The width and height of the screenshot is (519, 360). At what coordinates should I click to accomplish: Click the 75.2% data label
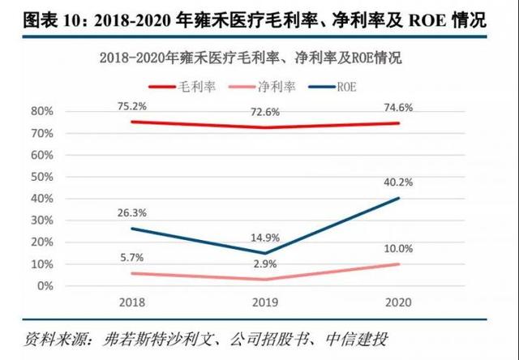pyautogui.click(x=131, y=105)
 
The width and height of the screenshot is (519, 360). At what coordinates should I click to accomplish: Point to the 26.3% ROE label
pyautogui.click(x=131, y=215)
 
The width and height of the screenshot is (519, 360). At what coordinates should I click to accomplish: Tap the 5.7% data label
pyautogui.click(x=131, y=258)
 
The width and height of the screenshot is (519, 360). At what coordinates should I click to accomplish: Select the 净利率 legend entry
pyautogui.click(x=278, y=85)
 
